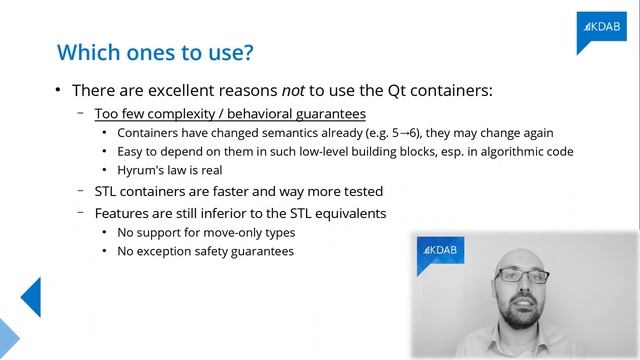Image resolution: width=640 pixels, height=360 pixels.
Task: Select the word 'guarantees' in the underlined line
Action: tap(329, 114)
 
